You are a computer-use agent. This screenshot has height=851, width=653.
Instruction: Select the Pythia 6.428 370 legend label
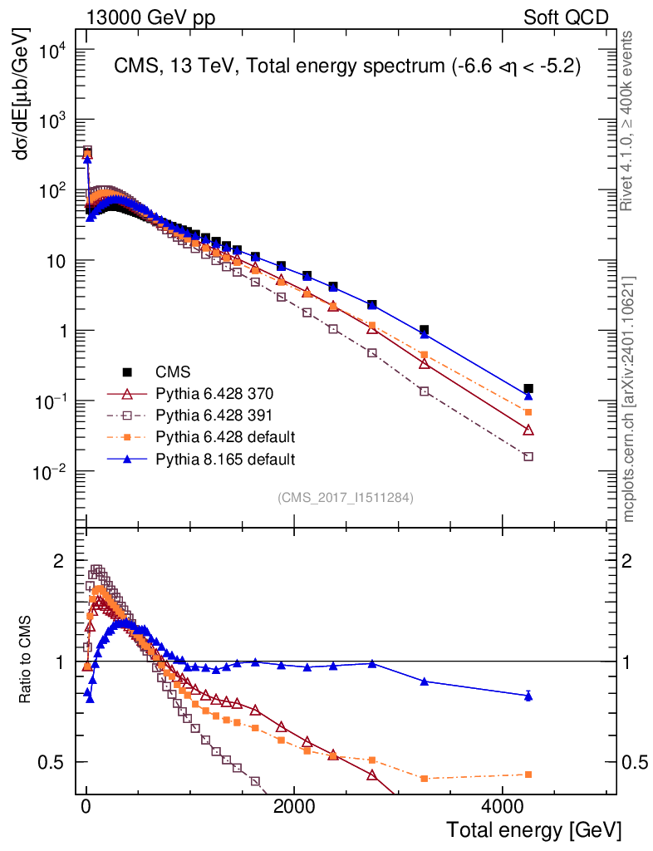click(214, 394)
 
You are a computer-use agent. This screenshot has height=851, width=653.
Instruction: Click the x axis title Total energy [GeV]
click(533, 830)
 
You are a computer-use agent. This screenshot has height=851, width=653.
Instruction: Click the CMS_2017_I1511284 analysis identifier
click(346, 498)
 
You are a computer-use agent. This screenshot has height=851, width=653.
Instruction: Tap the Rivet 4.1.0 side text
click(628, 121)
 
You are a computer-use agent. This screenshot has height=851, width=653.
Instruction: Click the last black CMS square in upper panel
click(528, 388)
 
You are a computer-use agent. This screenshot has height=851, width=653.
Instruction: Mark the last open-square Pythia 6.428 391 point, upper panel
click(528, 456)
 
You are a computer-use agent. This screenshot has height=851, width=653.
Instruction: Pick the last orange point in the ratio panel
click(528, 775)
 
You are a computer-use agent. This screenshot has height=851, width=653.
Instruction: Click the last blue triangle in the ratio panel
click(528, 696)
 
